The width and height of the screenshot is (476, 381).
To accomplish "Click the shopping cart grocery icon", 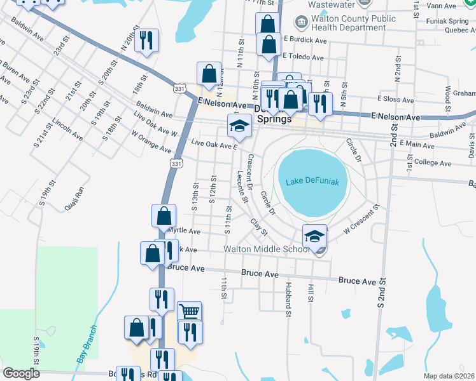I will click(x=189, y=311).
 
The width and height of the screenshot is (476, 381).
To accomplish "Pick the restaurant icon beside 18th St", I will click(x=146, y=41).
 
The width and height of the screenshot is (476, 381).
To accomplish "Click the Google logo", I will click(x=22, y=373).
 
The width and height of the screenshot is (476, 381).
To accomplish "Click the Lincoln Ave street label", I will click(x=67, y=129).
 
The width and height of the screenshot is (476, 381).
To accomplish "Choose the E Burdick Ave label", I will click(x=305, y=40).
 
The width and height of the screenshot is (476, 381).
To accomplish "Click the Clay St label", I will click(x=258, y=226).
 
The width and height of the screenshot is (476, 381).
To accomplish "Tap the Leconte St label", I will click(x=242, y=187).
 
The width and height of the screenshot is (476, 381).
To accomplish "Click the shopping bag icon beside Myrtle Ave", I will click(x=164, y=215).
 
